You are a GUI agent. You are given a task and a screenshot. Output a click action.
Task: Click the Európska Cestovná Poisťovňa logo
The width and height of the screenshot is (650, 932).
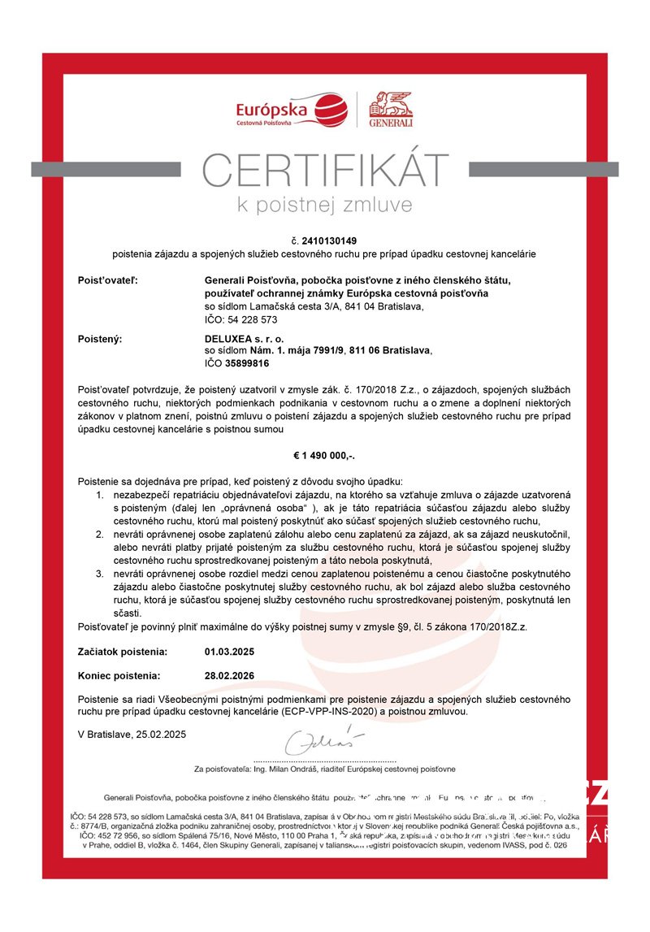pos(292,111)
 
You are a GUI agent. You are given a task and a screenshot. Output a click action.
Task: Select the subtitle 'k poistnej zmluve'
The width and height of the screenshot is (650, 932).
pos(324,203)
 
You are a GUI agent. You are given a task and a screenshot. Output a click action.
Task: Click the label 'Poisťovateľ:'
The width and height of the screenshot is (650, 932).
pos(108,280)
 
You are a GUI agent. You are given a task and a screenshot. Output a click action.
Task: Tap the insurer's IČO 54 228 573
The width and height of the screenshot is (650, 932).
pos(240,319)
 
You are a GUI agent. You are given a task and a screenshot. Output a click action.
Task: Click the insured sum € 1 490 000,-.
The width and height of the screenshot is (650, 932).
pos(324,457)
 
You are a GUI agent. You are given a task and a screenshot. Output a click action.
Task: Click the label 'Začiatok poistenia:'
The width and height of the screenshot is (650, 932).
pos(123,652)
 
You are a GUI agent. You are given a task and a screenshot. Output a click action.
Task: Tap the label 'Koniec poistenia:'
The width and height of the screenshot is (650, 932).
pos(119,675)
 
